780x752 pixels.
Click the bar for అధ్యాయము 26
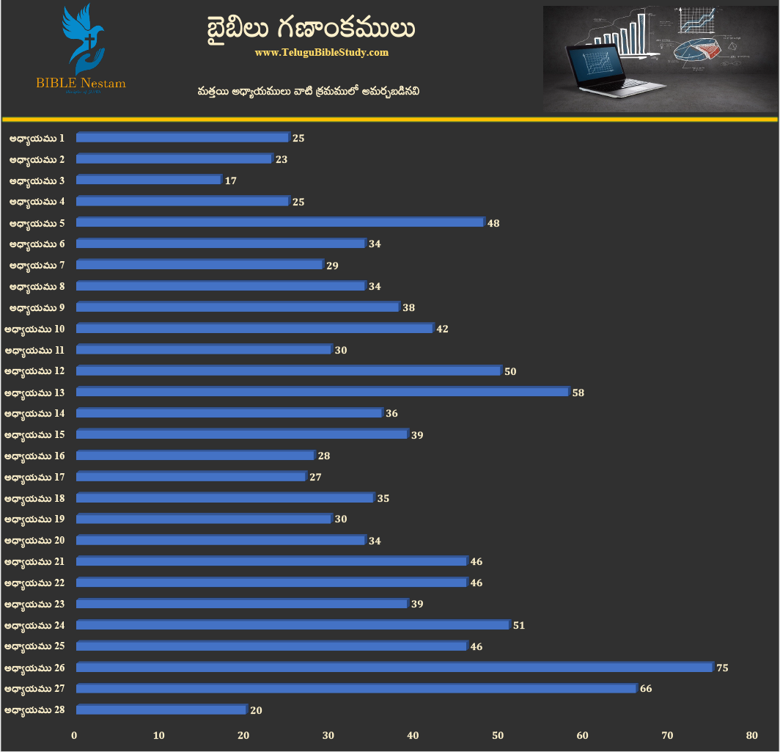[394, 667]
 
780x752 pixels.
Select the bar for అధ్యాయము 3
[149, 180]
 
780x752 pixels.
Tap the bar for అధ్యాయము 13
[323, 392]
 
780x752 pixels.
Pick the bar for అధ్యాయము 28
[161, 709]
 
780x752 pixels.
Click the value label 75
[722, 668]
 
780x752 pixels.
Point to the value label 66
[646, 689]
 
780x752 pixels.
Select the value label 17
[230, 180]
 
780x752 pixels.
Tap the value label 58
[578, 393]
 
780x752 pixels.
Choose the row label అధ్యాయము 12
[34, 371]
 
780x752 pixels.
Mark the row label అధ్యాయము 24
[34, 626]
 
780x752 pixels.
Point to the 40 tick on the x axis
[413, 735]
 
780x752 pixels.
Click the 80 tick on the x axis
[751, 735]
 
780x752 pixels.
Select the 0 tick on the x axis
[74, 735]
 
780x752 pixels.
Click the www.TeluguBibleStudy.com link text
[322, 53]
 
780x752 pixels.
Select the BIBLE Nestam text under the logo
[81, 83]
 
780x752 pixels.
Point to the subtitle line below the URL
[308, 92]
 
